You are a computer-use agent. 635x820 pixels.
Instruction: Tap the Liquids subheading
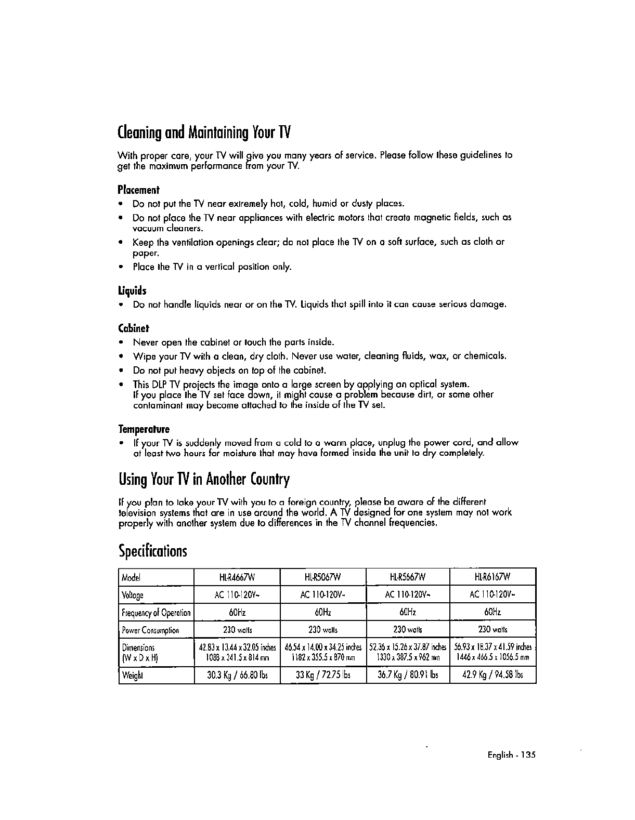(133, 290)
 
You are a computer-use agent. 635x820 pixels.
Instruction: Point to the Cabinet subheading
(134, 328)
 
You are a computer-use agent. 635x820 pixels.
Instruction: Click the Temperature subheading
(144, 429)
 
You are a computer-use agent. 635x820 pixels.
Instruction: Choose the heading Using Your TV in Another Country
(203, 479)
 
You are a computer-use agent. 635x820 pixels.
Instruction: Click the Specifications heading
(152, 550)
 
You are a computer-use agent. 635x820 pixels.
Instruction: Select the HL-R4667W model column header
(237, 577)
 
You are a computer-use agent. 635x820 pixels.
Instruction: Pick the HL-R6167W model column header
(493, 577)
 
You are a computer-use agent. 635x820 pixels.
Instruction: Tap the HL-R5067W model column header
(323, 577)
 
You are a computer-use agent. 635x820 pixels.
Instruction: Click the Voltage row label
(133, 595)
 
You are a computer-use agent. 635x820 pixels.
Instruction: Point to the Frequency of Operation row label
(156, 613)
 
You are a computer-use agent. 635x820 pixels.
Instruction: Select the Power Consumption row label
(150, 630)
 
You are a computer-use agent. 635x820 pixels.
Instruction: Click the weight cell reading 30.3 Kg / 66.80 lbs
(237, 675)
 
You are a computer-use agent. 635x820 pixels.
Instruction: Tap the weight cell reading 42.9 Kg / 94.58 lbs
(493, 675)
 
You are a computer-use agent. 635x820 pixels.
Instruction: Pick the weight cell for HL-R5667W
(408, 675)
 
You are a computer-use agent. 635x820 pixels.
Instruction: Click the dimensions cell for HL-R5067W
(323, 652)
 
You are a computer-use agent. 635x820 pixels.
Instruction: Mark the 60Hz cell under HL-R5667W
(408, 613)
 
